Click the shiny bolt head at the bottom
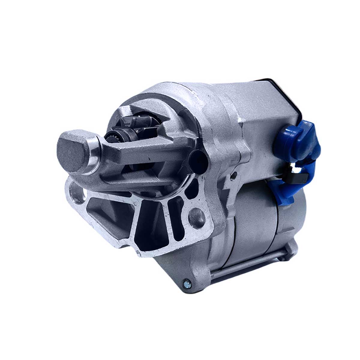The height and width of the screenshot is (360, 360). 187,282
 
